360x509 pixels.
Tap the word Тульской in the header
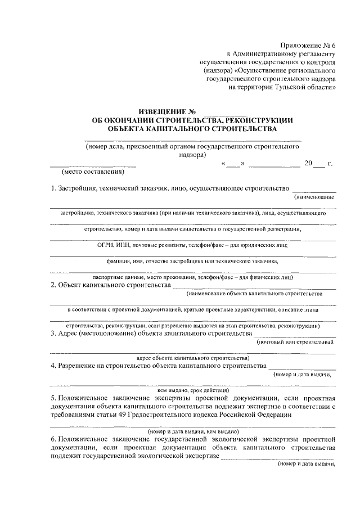coord(287,88)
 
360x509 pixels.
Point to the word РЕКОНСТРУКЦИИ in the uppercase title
coord(265,120)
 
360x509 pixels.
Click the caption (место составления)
coord(93,172)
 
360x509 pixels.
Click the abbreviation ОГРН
coord(107,245)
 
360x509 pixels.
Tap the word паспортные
coord(109,277)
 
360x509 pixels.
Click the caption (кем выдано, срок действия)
coord(193,389)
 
